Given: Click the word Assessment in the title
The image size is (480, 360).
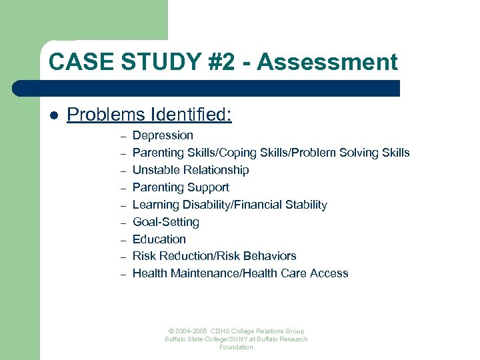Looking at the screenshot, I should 327,62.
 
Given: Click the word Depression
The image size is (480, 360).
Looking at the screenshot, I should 163,135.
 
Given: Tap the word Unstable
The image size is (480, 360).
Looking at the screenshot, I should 156,170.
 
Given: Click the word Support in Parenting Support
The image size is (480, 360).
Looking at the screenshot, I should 207,187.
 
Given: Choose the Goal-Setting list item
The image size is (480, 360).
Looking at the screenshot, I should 166,222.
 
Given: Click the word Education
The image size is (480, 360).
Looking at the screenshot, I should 159,239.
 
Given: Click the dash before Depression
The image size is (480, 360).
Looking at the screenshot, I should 123,137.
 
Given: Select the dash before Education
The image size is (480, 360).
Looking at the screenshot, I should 123,240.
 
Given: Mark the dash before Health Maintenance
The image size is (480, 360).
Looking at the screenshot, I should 123,275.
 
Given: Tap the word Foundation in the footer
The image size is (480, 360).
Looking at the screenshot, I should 236,347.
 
